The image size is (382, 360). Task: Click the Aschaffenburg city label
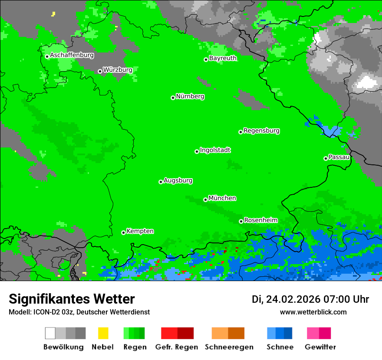click(x=72, y=55)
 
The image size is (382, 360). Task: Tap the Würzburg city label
click(x=118, y=69)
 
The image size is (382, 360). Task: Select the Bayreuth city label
click(x=223, y=58)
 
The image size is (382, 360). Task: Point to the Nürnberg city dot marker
click(x=173, y=98)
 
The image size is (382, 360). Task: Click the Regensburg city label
click(x=261, y=131)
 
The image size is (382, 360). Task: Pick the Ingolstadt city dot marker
click(x=197, y=151)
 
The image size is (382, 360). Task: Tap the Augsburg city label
click(x=178, y=180)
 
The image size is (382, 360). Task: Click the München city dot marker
click(x=205, y=200)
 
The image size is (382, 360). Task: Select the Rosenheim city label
click(x=260, y=220)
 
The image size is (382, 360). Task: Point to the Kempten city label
click(x=140, y=231)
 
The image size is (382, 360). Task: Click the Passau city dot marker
click(x=326, y=158)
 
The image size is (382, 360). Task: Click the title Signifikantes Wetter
click(x=72, y=299)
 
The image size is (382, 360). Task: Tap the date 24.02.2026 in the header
click(x=293, y=299)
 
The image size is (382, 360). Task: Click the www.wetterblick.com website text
click(x=313, y=312)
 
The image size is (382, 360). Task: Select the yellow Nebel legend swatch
click(x=103, y=333)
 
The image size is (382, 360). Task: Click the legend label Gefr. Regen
click(x=177, y=347)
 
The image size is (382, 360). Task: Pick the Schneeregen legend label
click(x=229, y=347)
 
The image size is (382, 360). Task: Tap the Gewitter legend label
click(x=320, y=347)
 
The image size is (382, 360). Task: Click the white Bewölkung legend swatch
click(x=50, y=333)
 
